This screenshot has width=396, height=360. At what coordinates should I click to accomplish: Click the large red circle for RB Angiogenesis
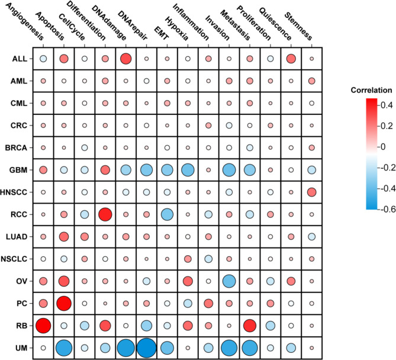43,325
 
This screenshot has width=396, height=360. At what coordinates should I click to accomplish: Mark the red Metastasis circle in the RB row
249,325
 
